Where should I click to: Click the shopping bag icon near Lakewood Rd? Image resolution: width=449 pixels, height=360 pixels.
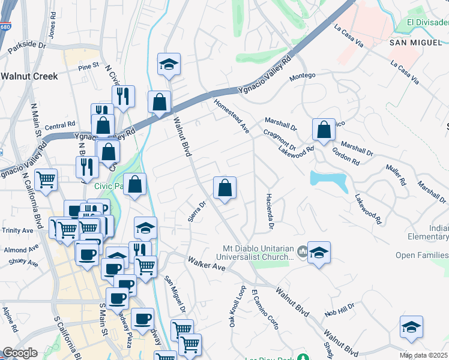[x=324, y=130]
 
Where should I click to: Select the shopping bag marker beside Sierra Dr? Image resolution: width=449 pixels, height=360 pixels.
[x=224, y=188]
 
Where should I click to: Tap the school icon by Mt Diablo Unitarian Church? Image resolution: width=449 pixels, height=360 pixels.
[x=319, y=254]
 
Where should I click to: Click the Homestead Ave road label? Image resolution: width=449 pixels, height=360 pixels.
[x=232, y=116]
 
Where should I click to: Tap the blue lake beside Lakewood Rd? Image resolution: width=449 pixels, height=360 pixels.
[x=329, y=180]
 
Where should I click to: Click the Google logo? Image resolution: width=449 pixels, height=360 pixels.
[x=19, y=353]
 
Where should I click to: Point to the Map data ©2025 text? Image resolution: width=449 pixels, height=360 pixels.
[x=424, y=355]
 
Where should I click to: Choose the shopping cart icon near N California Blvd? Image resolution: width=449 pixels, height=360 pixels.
[x=46, y=180]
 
